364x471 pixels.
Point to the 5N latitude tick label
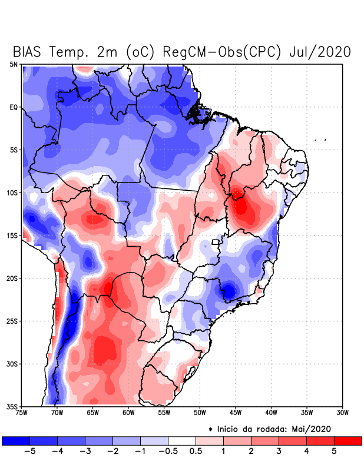(14, 64)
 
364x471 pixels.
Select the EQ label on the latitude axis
(14, 107)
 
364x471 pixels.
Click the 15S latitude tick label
(12, 235)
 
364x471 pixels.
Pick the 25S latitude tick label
(12, 321)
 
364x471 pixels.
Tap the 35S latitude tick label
(12, 406)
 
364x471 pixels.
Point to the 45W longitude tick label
(235, 413)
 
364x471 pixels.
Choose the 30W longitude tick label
(342, 413)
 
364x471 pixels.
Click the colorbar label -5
(29, 452)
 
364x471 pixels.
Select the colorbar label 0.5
(196, 452)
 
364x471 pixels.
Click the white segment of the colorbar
(182, 440)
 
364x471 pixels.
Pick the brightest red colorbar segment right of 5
(348, 440)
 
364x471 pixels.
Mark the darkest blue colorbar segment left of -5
(16, 440)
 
